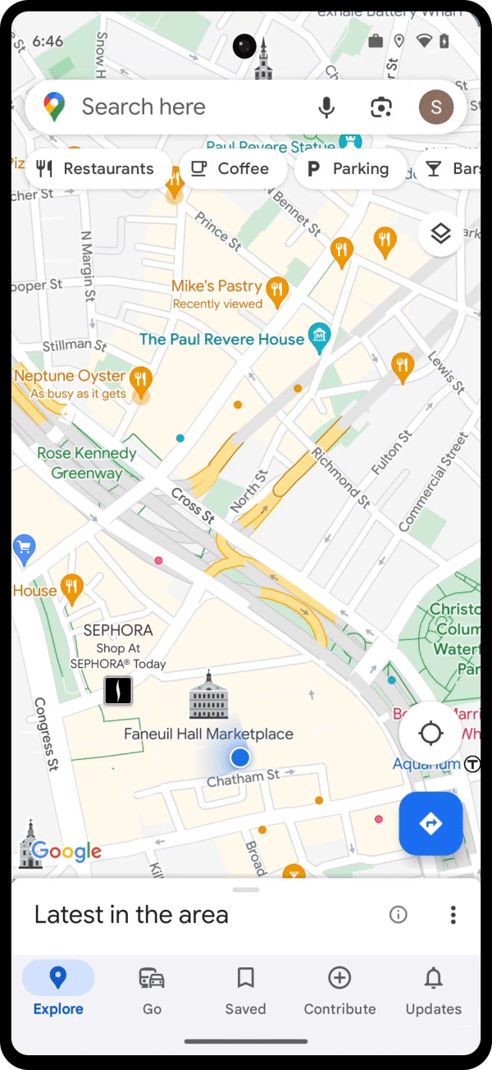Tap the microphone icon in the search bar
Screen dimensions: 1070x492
[326, 107]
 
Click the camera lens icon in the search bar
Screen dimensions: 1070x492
[381, 107]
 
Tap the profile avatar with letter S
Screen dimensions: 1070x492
[435, 107]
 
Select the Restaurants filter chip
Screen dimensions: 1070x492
[97, 169]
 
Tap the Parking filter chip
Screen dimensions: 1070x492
[349, 169]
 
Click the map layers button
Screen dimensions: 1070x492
[441, 234]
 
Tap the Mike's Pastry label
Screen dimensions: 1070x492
[216, 286]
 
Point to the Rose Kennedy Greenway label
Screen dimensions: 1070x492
[86, 463]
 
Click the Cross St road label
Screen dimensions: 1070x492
[193, 505]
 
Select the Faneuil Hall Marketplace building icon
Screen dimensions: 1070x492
[208, 696]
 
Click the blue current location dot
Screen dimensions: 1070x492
[239, 756]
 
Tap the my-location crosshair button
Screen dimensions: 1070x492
[430, 733]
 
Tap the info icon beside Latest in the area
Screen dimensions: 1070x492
[399, 914]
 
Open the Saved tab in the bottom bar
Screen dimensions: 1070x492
[245, 989]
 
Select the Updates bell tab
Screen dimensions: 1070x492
[433, 989]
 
